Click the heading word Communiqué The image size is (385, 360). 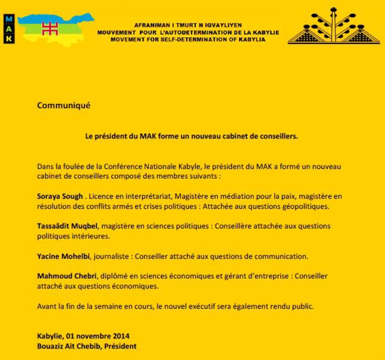point(63,105)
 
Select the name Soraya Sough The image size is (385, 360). point(59,196)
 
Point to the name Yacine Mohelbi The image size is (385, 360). point(64,256)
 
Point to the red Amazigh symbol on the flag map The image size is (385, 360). point(49,27)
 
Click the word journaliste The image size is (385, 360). point(113,256)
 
